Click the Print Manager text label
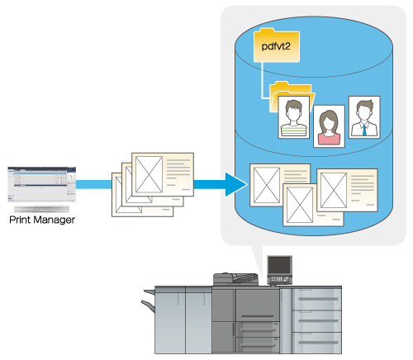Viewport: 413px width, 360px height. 42,220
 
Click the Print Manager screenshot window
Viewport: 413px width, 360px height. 41,184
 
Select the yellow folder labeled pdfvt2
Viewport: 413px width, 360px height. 277,45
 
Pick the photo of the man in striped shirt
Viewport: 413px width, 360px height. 293,117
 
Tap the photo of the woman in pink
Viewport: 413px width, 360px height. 329,126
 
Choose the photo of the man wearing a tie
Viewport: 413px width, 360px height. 364,117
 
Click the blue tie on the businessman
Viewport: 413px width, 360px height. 364,130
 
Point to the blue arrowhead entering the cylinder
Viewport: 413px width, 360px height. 236,184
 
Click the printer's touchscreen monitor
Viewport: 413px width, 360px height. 279,265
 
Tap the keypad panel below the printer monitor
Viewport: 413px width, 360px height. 279,280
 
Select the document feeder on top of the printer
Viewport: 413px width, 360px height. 235,278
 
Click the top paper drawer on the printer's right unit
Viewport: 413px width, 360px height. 316,299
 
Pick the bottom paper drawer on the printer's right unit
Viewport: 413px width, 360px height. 316,343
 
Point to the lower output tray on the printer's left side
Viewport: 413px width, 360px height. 148,306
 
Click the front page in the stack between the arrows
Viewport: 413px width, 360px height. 163,174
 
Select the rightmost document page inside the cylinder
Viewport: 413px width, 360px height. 347,190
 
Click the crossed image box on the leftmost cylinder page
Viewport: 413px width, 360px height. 267,185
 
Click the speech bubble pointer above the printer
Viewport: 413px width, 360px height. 257,260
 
